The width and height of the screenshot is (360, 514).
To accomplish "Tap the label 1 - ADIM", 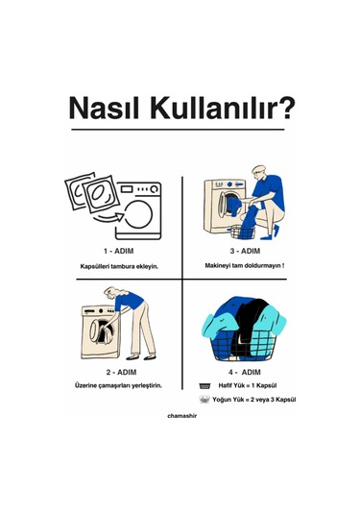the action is (x=119, y=251).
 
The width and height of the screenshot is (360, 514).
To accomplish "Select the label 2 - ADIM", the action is (x=121, y=372).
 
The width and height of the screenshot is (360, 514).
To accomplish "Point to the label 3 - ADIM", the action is (x=245, y=251).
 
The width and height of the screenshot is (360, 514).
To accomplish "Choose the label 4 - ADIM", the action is (x=245, y=372).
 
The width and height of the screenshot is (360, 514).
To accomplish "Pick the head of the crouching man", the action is (x=258, y=172).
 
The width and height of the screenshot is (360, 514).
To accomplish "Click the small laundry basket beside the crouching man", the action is (x=243, y=233).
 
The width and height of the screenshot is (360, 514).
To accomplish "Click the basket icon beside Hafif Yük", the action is (x=204, y=386).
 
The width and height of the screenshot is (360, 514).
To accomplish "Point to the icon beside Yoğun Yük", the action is (x=204, y=400).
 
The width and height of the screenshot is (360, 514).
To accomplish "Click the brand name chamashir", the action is (x=182, y=416).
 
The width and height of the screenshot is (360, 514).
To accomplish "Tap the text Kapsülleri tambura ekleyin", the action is (x=119, y=266).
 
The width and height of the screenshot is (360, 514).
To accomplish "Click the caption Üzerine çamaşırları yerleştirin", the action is (x=119, y=385).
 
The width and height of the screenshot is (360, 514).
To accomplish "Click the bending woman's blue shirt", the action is (x=130, y=301).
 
